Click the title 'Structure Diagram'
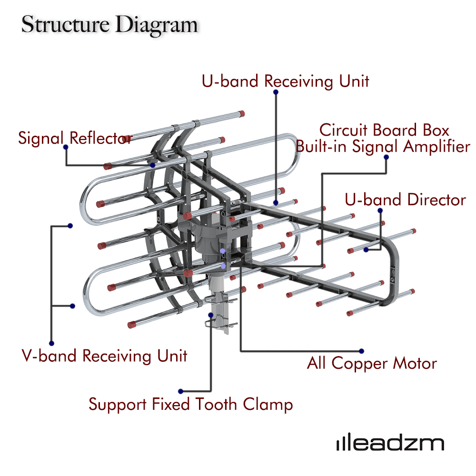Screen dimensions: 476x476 click(x=109, y=25)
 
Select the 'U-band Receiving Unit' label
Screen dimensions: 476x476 click(x=285, y=81)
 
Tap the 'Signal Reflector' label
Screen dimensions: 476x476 click(x=75, y=138)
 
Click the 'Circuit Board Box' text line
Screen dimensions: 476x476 click(x=384, y=130)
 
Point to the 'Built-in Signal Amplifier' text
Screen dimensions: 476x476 click(x=383, y=146)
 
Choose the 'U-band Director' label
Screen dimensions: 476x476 click(x=405, y=199)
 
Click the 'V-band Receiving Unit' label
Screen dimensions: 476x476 click(x=105, y=356)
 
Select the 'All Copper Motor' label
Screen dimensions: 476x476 click(x=372, y=364)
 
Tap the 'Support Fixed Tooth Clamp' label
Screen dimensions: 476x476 click(x=190, y=405)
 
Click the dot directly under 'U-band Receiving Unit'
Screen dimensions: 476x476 click(x=276, y=92)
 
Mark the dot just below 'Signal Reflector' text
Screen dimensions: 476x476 click(x=66, y=148)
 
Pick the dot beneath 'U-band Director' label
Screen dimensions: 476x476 click(x=380, y=210)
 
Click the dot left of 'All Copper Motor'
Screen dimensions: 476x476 click(x=362, y=351)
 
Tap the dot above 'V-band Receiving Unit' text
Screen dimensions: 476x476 click(x=51, y=343)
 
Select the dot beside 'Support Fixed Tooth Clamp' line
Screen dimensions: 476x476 click(x=180, y=391)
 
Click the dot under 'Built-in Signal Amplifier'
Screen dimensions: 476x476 click(x=386, y=157)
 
